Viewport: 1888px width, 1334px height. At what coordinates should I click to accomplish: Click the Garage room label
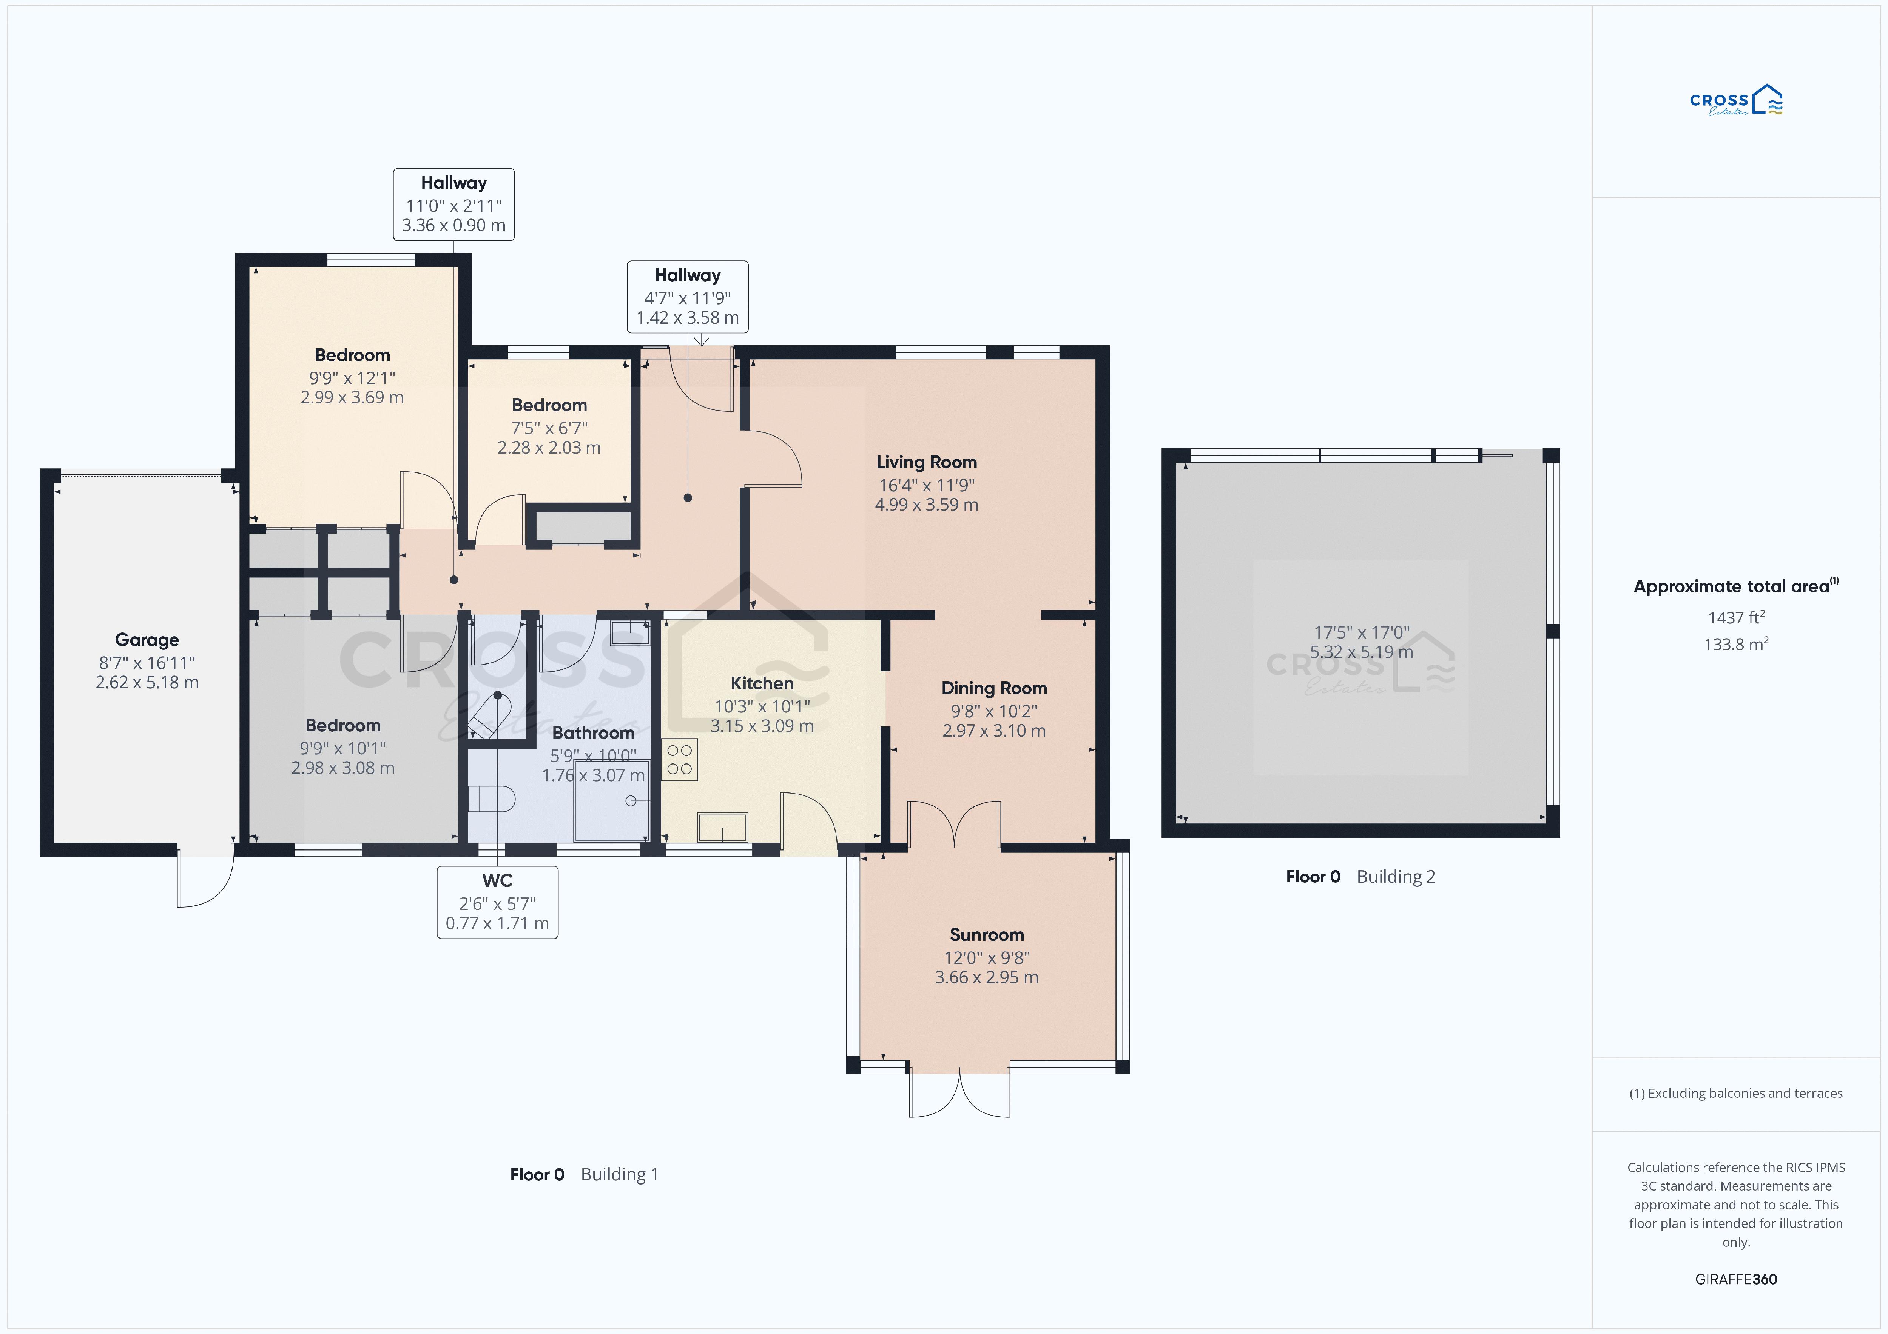[x=147, y=640]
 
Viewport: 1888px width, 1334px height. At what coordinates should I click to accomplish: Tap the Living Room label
[x=927, y=462]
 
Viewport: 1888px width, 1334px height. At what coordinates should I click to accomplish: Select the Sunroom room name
[x=987, y=934]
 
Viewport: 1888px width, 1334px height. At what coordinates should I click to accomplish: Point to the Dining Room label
[x=994, y=688]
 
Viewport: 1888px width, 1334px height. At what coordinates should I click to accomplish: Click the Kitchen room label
[x=762, y=683]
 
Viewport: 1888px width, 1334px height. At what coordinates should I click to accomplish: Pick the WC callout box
[x=498, y=902]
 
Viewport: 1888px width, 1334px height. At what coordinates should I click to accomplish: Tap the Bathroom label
[x=593, y=732]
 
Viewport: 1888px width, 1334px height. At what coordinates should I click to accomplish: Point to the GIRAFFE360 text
[x=1736, y=1279]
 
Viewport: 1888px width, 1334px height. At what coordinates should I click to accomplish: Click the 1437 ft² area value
[x=1736, y=617]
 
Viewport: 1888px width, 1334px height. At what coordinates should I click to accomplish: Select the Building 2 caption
[x=1396, y=877]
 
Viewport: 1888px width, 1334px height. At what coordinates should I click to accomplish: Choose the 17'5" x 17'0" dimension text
[x=1361, y=632]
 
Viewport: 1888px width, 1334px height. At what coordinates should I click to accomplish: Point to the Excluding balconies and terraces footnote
[x=1736, y=1093]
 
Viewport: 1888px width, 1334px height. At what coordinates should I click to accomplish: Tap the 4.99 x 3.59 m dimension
[x=927, y=505]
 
